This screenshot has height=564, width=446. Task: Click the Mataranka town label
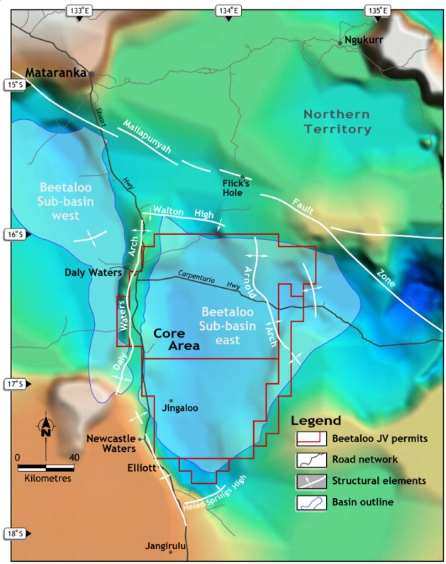(55, 72)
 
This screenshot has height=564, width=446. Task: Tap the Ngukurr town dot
(340, 43)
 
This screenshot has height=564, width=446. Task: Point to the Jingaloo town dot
(171, 400)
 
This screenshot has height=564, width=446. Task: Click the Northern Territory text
(337, 121)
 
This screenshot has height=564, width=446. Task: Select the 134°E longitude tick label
(228, 10)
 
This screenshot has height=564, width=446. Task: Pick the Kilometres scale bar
(46, 468)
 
